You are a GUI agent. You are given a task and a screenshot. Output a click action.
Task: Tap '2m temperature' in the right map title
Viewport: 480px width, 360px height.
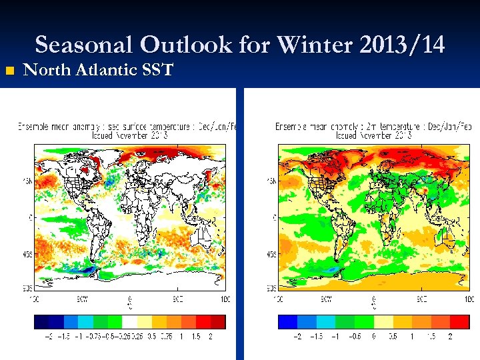[388, 126]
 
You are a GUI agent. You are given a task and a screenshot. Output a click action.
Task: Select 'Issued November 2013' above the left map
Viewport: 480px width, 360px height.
[130, 135]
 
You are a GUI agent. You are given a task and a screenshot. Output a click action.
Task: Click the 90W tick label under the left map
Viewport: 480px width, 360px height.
[83, 298]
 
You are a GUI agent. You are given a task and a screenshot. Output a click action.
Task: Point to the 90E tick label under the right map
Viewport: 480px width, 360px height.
[422, 298]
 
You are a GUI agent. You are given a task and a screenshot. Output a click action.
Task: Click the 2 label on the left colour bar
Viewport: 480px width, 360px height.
[211, 337]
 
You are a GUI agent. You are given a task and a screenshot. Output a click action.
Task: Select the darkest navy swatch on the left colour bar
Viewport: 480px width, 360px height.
[41, 322]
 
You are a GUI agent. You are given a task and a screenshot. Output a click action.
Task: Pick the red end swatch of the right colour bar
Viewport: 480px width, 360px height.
[461, 322]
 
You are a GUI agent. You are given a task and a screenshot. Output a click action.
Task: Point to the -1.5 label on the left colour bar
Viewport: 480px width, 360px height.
[64, 337]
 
